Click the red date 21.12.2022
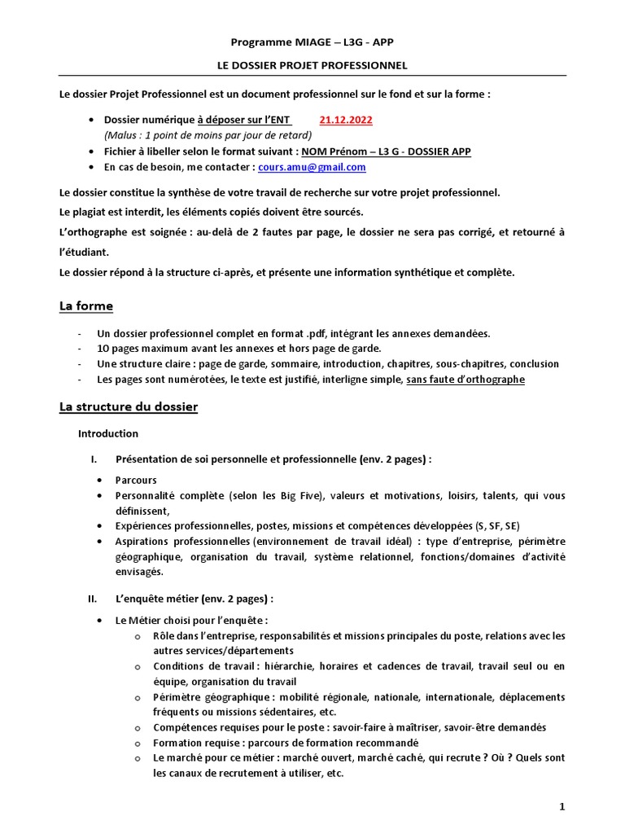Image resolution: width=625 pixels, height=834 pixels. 346,120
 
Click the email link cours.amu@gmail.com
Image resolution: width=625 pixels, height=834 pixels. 312,167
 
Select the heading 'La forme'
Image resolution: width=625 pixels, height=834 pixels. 86,306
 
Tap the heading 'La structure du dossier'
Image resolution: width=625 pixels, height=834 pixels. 128,406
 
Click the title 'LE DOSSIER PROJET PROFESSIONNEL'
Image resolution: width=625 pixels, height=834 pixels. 312,64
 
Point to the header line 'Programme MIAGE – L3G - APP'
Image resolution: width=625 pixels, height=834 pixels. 312,42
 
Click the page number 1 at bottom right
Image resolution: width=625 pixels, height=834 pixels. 562,806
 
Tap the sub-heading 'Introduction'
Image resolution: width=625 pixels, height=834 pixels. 107,433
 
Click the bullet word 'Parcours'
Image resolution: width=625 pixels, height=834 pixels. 136,481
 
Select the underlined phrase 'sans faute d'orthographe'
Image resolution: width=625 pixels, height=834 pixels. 465,380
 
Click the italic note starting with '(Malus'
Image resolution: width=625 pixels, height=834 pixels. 208,135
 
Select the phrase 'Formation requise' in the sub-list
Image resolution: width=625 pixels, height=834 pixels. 191,743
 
